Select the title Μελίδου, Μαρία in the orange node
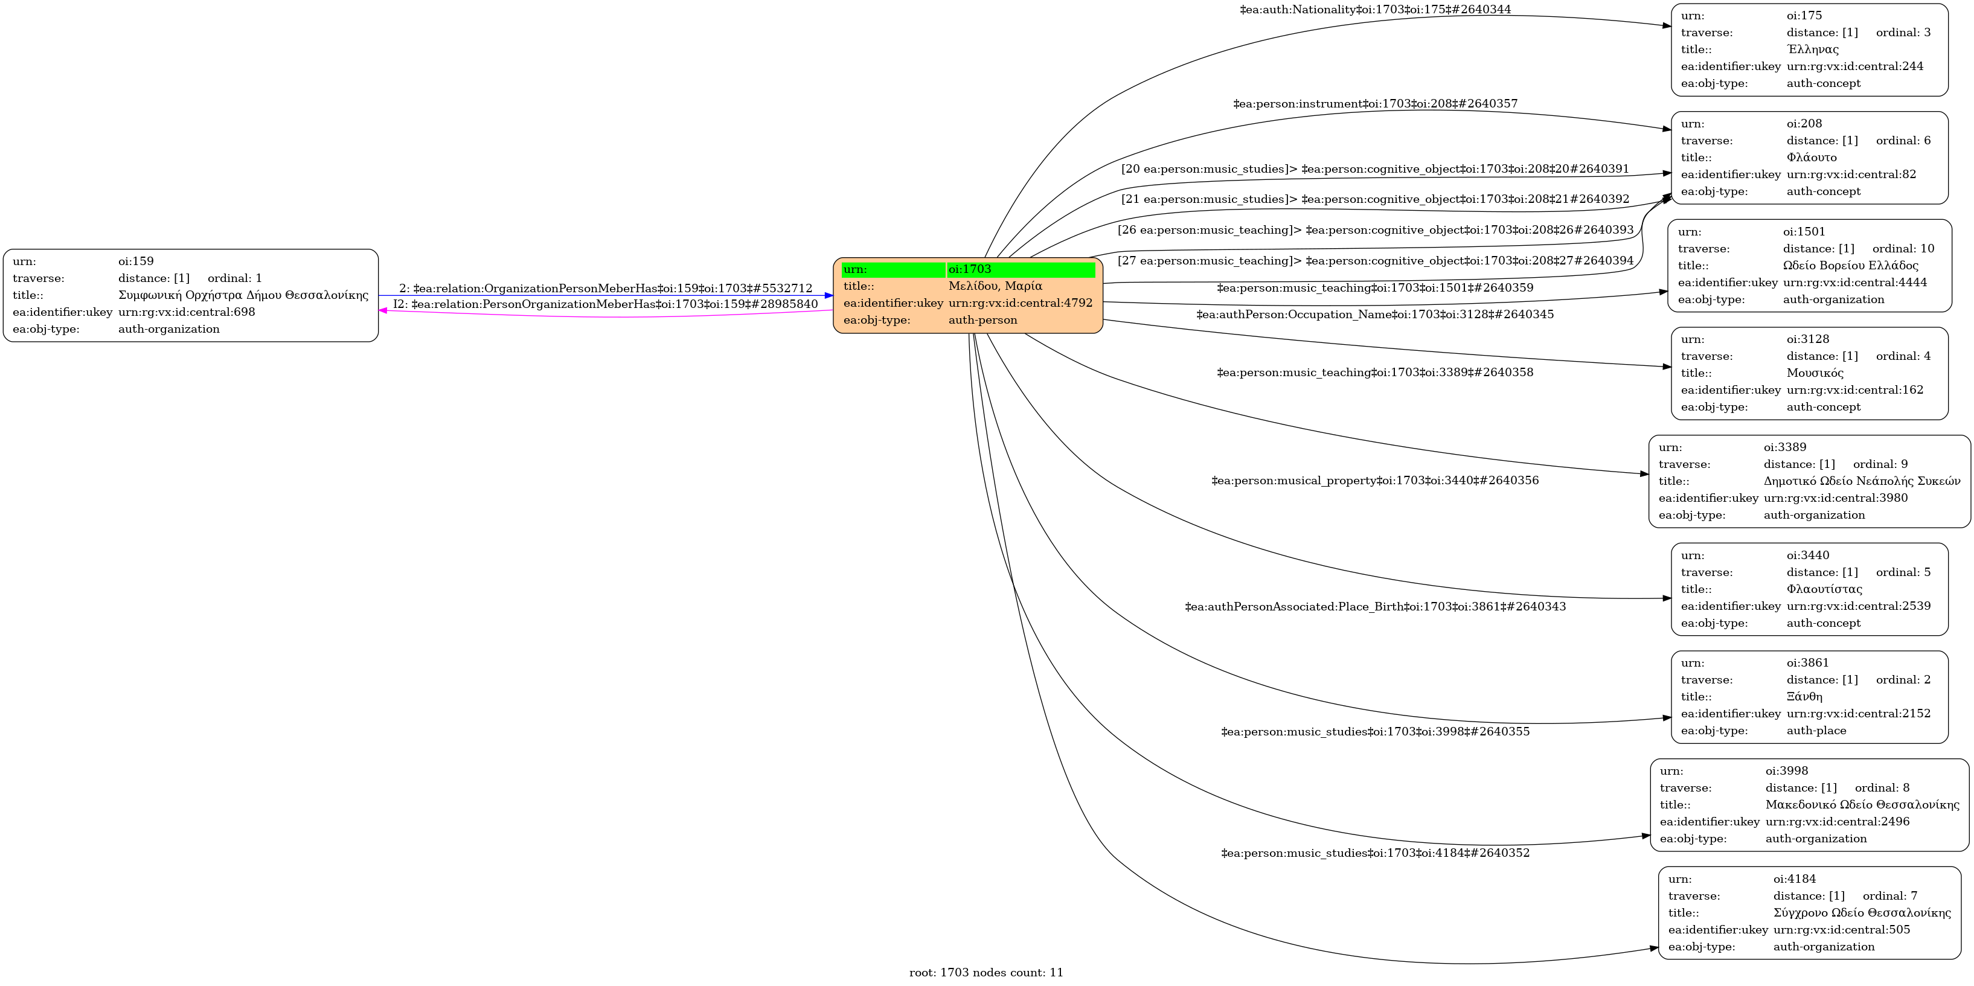pos(995,286)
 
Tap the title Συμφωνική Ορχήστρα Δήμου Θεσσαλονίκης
pos(243,295)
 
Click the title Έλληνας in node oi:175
pos(1812,49)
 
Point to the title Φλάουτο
pos(1812,157)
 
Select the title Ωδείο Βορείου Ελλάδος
pos(1850,265)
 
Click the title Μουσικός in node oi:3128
pos(1815,373)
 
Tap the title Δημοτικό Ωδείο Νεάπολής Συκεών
pos(1861,481)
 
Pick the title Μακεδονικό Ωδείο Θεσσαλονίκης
pos(1862,804)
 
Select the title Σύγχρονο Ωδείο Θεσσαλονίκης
pos(1861,912)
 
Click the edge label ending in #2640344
pos(1375,9)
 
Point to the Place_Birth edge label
pos(1375,607)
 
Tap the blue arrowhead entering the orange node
pos(828,296)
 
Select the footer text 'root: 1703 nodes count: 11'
pos(986,972)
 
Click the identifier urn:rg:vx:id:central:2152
pos(1858,713)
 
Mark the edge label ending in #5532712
pos(606,288)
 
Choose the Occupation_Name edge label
pos(1375,314)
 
